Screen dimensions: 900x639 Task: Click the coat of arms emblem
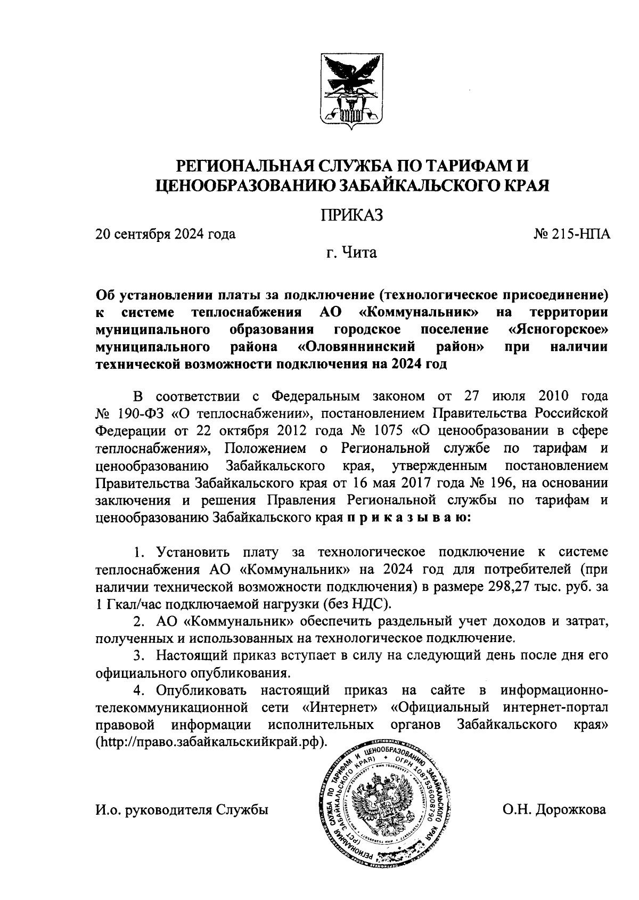pos(351,91)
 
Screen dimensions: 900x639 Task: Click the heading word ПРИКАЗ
pos(351,215)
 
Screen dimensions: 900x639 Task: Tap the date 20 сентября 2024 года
pos(166,234)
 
